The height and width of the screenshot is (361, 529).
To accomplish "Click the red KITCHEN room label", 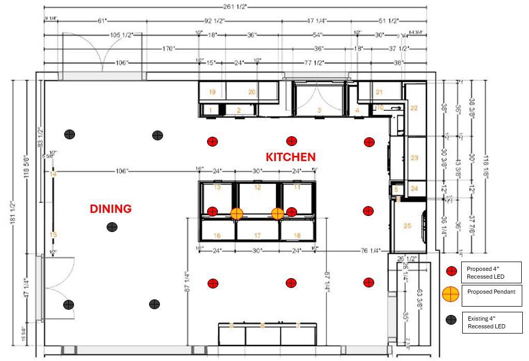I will (290, 157).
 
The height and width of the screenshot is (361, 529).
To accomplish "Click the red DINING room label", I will (110, 209).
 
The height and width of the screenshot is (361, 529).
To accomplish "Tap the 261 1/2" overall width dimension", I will (235, 6).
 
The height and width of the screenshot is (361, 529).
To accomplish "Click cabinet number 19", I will (212, 92).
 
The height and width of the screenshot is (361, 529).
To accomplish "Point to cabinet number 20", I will (252, 92).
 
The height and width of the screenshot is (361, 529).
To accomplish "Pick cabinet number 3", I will (319, 110).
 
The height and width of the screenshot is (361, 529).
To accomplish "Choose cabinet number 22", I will (414, 108).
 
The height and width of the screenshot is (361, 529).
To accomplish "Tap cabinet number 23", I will (414, 157).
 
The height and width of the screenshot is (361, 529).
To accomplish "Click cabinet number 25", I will (407, 225).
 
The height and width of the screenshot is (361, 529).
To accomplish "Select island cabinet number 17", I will (257, 236).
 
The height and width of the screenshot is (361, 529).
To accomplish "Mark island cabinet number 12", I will (257, 187).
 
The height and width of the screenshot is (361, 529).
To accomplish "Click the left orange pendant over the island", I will (237, 213).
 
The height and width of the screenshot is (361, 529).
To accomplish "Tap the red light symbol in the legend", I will (451, 271).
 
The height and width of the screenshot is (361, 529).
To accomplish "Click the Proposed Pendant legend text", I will (491, 292).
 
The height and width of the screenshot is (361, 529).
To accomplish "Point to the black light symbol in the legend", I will (451, 320).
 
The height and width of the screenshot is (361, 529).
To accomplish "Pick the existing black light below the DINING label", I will (112, 227).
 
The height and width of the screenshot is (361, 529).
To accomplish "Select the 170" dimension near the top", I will (168, 49).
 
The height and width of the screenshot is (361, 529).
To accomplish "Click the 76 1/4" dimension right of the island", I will (371, 251).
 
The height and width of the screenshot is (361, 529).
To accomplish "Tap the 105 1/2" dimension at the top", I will (122, 35).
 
